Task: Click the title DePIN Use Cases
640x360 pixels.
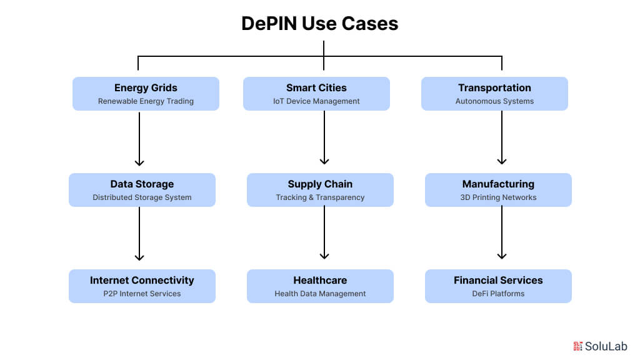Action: point(319,24)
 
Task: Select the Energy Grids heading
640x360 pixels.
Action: point(146,88)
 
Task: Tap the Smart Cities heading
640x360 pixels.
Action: point(316,88)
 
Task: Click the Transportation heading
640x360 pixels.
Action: point(494,88)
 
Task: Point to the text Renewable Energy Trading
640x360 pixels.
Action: point(146,101)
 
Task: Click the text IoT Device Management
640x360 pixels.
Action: point(316,101)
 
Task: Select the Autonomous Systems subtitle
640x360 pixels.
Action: point(494,101)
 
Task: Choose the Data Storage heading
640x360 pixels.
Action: point(142,184)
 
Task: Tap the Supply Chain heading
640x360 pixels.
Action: point(320,184)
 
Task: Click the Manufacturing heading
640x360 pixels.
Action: point(498,184)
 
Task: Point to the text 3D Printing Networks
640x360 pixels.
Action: point(498,197)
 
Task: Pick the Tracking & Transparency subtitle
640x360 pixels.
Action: point(320,197)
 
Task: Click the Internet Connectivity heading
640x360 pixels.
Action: point(142,281)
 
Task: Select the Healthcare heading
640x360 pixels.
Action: point(320,281)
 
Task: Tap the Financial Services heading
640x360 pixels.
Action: point(498,281)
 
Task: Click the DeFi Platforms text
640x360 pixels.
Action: point(498,294)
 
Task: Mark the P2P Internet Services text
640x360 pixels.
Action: point(142,294)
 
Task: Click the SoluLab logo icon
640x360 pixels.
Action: point(577,346)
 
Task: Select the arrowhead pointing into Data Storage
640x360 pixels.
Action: point(139,161)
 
